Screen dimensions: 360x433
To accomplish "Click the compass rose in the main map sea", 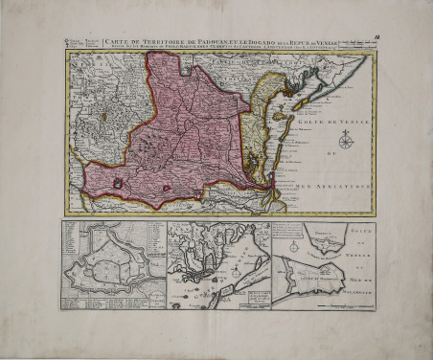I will pos(346,143).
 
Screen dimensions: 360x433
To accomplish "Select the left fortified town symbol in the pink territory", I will pos(117,182).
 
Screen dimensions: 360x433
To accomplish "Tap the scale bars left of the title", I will pos(83,42).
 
